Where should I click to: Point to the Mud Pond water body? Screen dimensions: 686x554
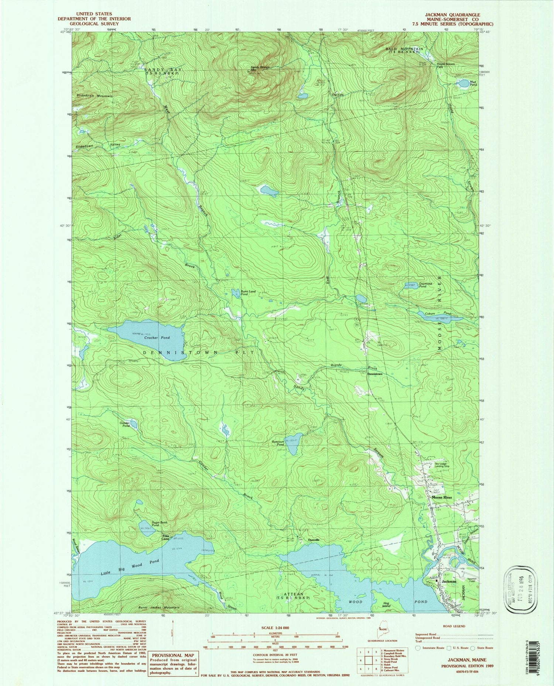click(462, 84)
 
